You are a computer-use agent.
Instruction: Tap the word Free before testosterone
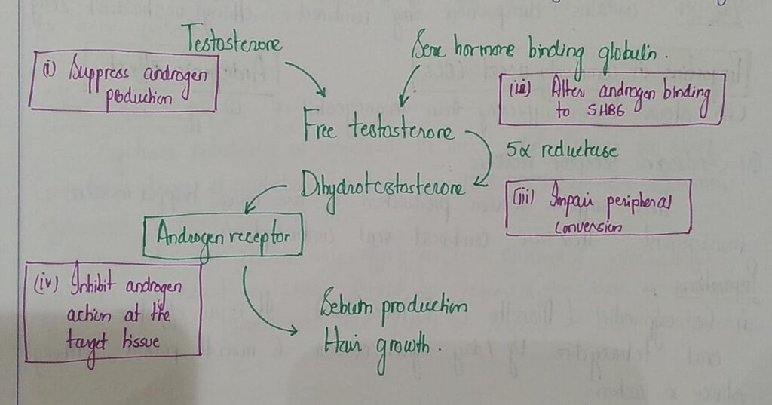coord(321,129)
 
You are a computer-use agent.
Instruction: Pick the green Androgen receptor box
coord(222,237)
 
